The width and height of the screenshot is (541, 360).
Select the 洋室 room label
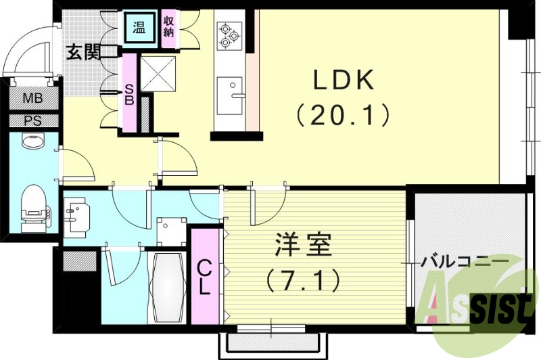click(303, 245)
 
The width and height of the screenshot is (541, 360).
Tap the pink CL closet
click(204, 276)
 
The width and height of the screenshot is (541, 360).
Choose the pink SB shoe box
click(128, 93)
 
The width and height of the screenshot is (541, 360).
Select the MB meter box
click(32, 98)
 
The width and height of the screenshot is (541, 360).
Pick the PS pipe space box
click(32, 120)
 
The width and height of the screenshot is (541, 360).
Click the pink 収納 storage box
click(169, 28)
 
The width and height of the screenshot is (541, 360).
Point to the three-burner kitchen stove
click(229, 35)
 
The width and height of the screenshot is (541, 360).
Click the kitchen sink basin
click(231, 88)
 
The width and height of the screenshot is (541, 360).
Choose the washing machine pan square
click(171, 231)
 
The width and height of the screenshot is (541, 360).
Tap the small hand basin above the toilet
click(32, 141)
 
